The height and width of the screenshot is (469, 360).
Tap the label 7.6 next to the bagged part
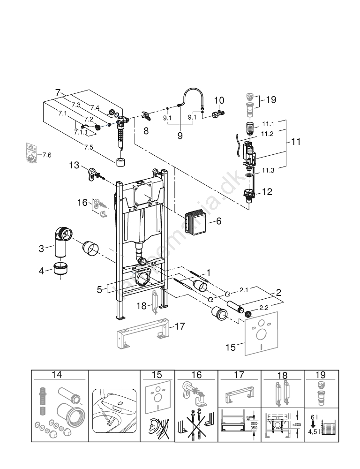(x=46, y=155)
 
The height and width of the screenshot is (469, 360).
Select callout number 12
(x=267, y=191)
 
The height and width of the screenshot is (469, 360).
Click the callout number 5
(x=99, y=290)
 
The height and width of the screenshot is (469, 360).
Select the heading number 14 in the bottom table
(x=57, y=375)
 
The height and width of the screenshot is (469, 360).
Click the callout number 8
(x=146, y=131)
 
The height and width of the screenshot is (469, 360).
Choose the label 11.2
(x=267, y=134)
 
